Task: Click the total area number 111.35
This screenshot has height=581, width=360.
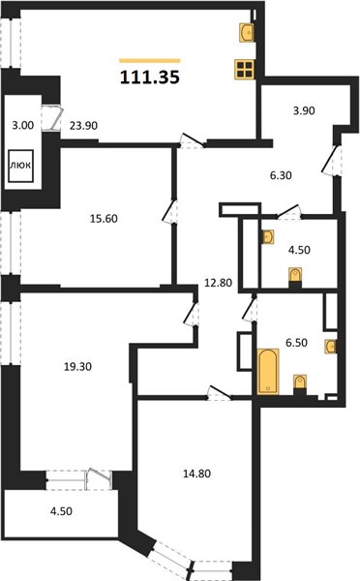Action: point(150,77)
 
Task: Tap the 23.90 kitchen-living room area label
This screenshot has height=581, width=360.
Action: point(83,126)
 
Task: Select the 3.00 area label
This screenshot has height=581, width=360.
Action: point(23,126)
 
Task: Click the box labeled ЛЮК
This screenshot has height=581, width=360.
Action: point(20,166)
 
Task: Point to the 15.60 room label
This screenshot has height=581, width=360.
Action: point(104,219)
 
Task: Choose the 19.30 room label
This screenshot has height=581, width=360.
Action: point(77,367)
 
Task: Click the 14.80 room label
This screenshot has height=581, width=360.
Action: point(197,474)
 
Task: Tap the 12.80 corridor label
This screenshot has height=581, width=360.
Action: point(219,283)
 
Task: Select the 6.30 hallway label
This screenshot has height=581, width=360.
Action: point(281,175)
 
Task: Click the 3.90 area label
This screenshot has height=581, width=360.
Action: point(304,110)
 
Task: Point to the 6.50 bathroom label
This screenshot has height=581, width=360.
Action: point(296,343)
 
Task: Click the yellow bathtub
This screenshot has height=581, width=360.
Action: point(268,371)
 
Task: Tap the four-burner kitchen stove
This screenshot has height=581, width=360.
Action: point(245,70)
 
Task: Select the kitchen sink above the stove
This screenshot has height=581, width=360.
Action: point(247,32)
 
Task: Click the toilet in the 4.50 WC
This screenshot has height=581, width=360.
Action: point(295,277)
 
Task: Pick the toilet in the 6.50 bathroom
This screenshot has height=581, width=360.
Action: point(300,384)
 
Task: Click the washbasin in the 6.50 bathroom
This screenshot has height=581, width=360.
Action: point(331,346)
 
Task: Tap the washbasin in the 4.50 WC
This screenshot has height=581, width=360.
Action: point(268,237)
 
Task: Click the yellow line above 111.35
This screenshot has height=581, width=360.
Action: point(150,61)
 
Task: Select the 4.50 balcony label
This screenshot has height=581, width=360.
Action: point(61,511)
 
